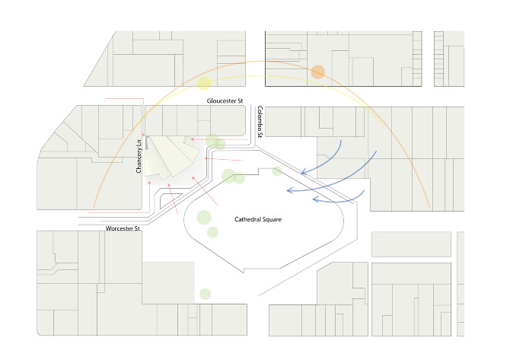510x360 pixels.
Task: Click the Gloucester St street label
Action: point(225,100)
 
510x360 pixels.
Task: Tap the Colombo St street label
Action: point(260,122)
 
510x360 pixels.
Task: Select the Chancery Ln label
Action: point(139,157)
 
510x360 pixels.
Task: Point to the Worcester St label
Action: point(123,228)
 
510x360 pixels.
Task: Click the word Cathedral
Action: point(248,219)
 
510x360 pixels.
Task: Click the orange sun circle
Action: point(317,72)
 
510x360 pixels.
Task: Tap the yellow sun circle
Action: point(204,83)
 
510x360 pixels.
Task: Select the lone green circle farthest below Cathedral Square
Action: point(205,294)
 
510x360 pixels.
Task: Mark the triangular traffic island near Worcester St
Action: point(168,199)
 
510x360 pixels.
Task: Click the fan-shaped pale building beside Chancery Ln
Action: point(171,157)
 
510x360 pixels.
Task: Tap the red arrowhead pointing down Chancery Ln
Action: point(143,135)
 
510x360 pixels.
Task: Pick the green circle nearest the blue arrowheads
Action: point(277,171)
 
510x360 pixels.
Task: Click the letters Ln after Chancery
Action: point(139,143)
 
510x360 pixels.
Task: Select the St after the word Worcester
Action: point(136,228)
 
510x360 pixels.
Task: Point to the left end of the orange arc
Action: point(94,208)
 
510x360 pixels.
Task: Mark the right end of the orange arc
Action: point(430,208)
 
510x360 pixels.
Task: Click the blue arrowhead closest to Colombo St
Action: point(303,172)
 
